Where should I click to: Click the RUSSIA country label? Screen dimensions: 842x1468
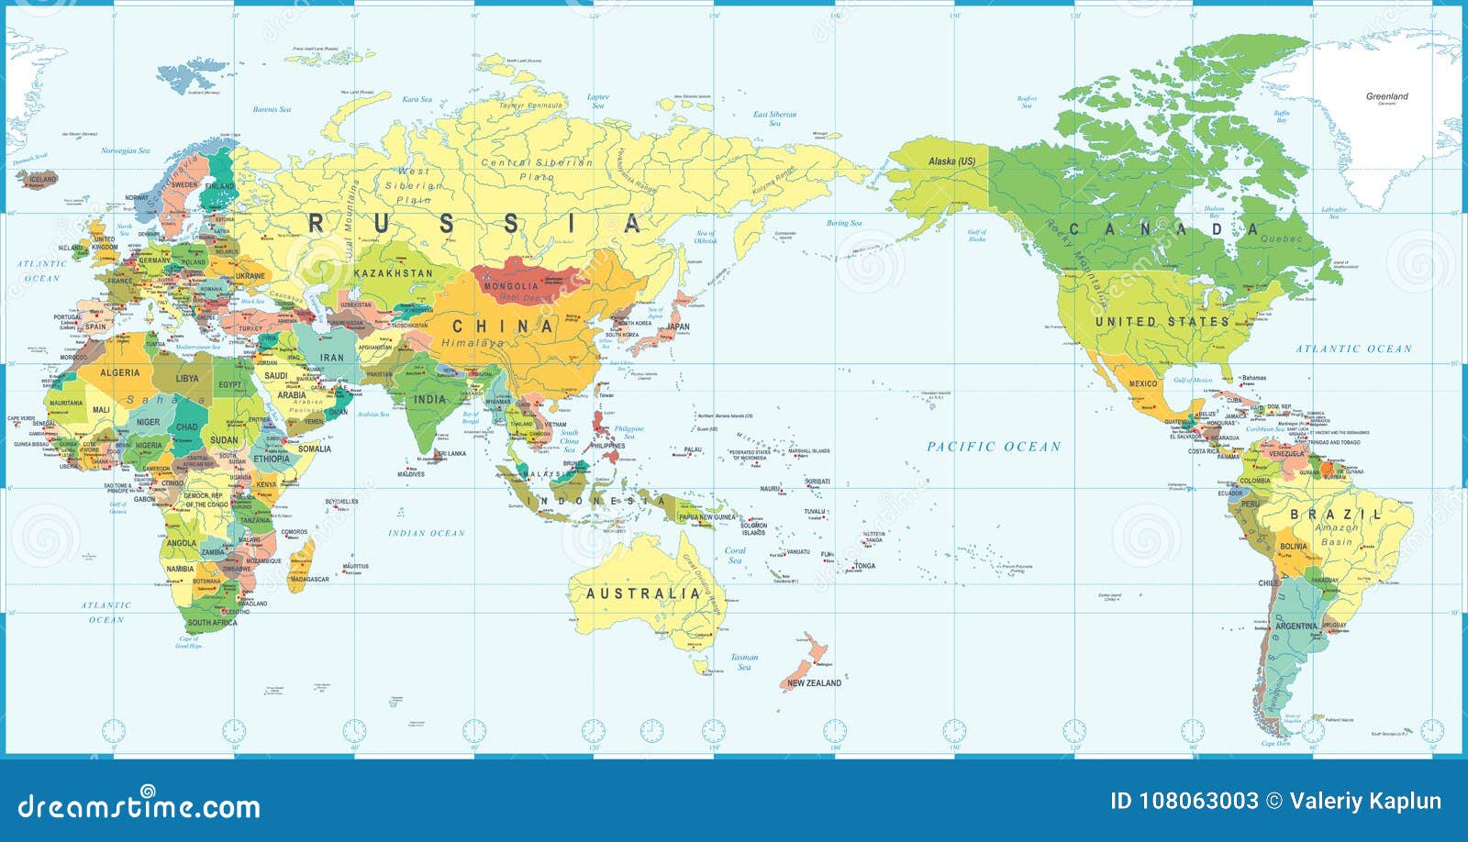point(475,223)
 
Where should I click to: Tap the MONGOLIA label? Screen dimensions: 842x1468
point(511,286)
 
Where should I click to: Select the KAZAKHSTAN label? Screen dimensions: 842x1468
point(393,273)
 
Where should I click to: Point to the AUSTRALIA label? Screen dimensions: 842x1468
point(643,593)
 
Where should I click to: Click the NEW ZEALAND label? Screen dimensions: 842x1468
point(814,682)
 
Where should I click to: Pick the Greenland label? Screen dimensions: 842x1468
point(1386,96)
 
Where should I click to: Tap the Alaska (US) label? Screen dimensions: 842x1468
point(951,161)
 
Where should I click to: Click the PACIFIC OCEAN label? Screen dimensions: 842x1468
point(994,447)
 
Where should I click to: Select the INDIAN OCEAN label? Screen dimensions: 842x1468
point(427,533)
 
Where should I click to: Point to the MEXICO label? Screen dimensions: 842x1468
point(1143,383)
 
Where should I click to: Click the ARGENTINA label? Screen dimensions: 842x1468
point(1296,626)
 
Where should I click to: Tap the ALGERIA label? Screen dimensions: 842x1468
point(119,372)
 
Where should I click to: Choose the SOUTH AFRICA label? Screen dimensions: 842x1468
point(212,623)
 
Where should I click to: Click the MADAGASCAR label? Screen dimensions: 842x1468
point(309,580)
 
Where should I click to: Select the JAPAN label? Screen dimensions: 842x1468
point(678,327)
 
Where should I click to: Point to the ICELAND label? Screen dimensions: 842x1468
point(43,179)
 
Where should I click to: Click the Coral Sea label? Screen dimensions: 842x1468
point(735,555)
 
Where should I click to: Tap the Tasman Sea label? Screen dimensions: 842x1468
point(744,661)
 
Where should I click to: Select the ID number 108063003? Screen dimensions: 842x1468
point(1184,801)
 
